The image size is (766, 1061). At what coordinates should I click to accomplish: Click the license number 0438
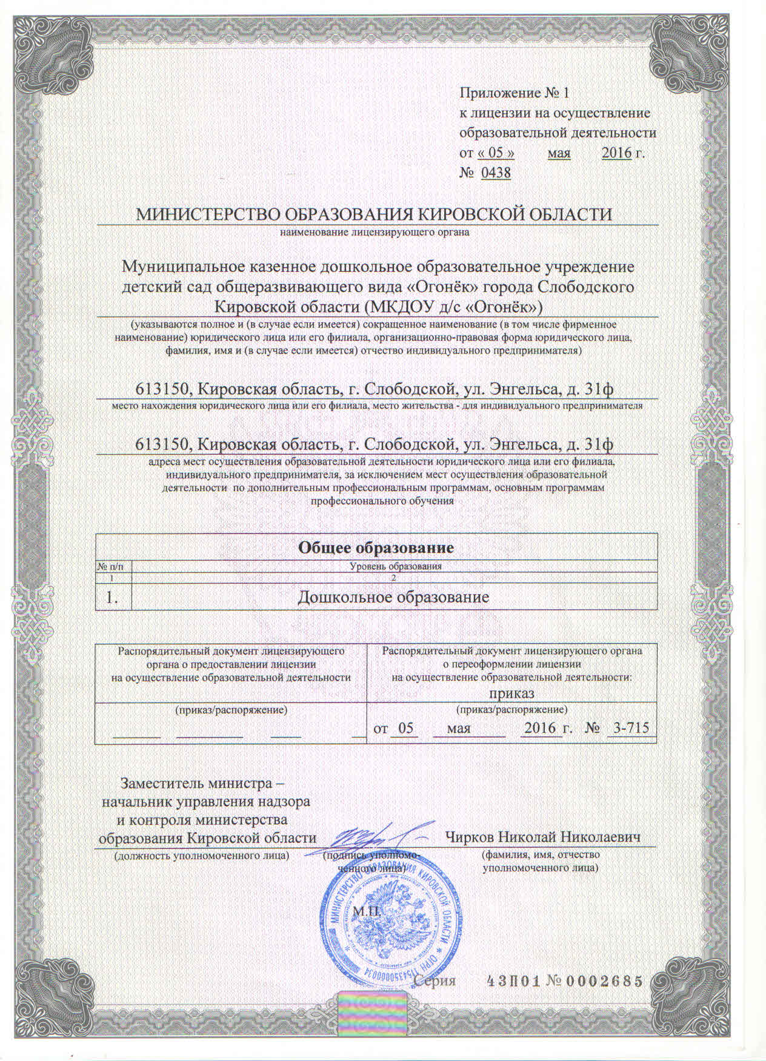click(496, 173)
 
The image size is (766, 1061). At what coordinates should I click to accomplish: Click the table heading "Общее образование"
click(376, 549)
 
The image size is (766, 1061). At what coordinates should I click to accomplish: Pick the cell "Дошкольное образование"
click(394, 598)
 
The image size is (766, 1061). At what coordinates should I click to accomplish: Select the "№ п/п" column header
click(113, 566)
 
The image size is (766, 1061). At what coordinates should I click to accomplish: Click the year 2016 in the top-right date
click(616, 153)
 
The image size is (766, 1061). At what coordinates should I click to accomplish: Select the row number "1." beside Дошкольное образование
click(112, 598)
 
